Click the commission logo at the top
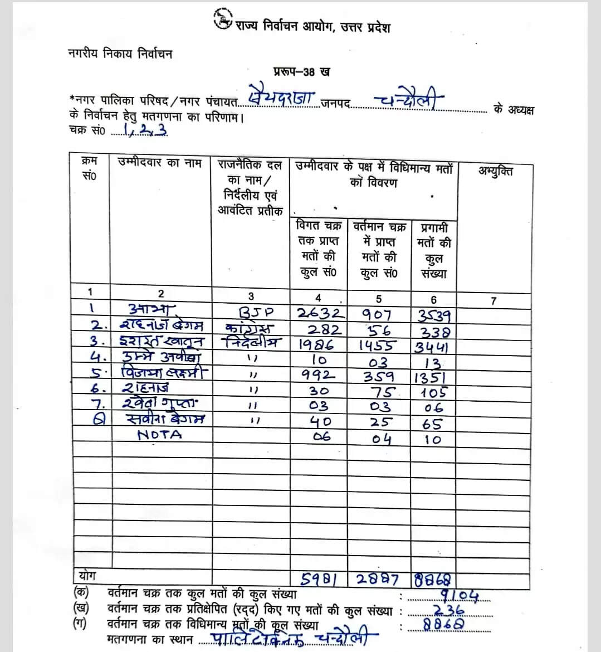click(223, 21)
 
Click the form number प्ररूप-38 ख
click(301, 71)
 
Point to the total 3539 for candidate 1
click(434, 316)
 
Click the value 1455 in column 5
click(378, 346)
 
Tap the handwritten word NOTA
click(159, 435)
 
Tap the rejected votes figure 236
click(448, 611)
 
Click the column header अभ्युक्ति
click(495, 171)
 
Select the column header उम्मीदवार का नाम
click(160, 163)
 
